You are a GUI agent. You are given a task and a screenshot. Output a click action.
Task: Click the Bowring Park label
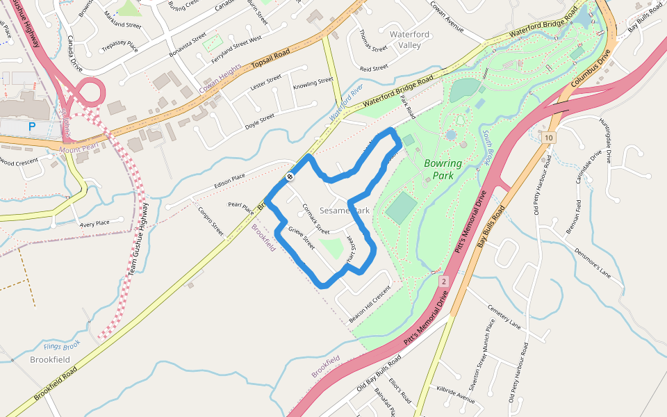point(443,170)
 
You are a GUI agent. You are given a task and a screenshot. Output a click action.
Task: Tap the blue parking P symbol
point(31,126)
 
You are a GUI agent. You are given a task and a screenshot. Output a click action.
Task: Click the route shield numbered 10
point(549,138)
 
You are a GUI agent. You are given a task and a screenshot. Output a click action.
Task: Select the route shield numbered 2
point(443,281)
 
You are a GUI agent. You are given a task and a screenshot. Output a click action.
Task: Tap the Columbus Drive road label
point(591,67)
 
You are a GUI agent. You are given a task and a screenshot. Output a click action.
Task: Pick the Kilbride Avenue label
point(456,393)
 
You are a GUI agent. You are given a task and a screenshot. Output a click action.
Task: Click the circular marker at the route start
point(289,177)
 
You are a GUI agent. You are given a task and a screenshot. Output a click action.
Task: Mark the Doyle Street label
point(260,122)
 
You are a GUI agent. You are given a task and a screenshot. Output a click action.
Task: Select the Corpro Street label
point(211,221)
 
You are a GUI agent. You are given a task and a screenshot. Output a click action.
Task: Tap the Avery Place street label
point(94,223)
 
